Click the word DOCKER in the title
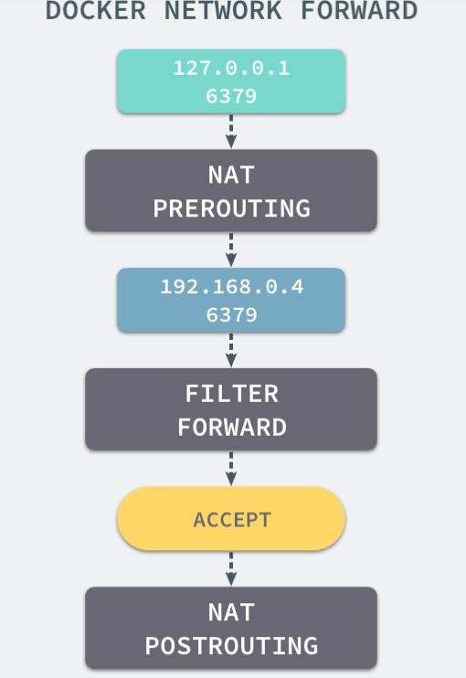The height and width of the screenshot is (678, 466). pos(96,10)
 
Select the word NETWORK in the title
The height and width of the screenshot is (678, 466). pos(223,10)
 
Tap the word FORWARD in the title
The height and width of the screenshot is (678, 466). pos(359,10)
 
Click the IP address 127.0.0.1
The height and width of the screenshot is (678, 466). pos(231,69)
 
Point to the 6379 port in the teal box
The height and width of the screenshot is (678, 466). pos(231,96)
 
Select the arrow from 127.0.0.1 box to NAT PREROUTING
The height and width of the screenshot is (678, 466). pos(231,132)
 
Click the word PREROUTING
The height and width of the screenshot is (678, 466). pos(232,208)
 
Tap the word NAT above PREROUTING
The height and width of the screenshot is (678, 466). pos(231,175)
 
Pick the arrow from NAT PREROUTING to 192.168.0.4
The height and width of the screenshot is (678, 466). pos(231,250)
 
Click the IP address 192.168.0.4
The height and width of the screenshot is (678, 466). pos(232,287)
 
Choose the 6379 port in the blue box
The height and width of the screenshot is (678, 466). pos(231,314)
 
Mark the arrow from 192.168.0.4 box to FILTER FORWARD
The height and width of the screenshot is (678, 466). pos(231,350)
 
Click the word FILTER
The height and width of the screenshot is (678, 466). pos(232,394)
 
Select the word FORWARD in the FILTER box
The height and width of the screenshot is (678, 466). pos(232,428)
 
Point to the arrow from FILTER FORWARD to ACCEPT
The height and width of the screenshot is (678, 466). pos(231,469)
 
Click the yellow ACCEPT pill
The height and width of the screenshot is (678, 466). pos(231,518)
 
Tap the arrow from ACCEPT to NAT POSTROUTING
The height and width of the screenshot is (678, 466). pos(231,569)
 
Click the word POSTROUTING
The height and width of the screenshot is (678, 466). pos(232,646)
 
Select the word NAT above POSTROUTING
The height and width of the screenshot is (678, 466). pos(231,613)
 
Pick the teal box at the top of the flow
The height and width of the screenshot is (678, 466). pos(231,81)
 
